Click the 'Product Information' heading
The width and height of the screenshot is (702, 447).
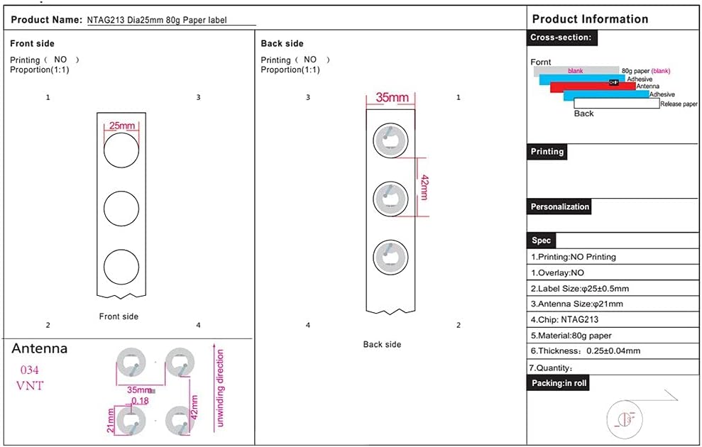point(590,18)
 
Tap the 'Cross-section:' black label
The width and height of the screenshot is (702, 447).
point(561,38)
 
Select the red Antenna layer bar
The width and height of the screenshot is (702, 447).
point(593,87)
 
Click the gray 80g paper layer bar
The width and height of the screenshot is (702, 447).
point(576,71)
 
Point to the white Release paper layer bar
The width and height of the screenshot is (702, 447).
point(617,104)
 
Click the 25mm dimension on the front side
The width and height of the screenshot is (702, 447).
point(122,126)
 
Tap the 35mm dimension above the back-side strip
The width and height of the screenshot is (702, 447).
point(392,97)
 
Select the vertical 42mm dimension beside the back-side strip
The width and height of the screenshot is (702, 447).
point(424,187)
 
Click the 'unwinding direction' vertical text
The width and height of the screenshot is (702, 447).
point(219,388)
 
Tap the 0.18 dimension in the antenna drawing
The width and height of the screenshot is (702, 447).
point(140,400)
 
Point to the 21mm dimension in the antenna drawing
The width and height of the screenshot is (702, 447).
point(111,421)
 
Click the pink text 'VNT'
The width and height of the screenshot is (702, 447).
point(30,386)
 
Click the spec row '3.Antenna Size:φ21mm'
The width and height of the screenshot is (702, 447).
point(576,304)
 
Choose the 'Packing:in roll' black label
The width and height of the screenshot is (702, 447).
point(559,383)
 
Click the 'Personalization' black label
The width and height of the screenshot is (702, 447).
point(559,206)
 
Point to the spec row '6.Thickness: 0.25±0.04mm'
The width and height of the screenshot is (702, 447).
point(586,351)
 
